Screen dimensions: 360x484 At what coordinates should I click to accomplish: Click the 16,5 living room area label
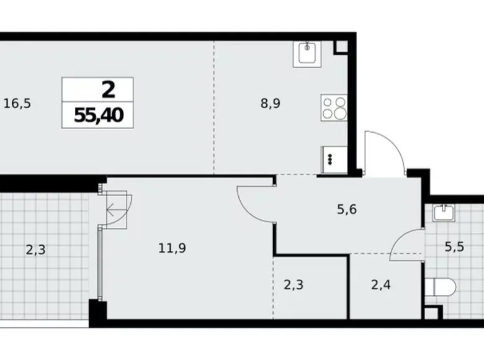[17, 104]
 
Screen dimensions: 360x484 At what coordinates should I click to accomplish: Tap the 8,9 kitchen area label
[270, 104]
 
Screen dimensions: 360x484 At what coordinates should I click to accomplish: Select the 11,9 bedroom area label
[173, 249]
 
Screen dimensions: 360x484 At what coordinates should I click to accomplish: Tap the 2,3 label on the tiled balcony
[36, 250]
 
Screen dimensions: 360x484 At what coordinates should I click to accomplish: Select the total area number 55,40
[97, 115]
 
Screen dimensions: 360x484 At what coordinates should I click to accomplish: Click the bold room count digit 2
[108, 90]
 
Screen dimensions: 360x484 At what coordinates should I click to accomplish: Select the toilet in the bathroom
[442, 286]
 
